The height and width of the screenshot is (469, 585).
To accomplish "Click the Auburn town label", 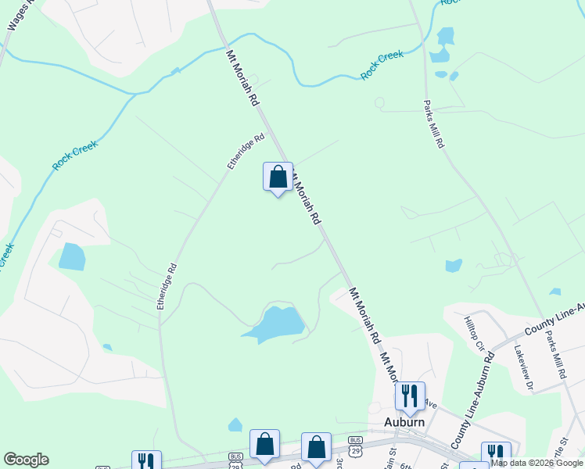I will point(404,422).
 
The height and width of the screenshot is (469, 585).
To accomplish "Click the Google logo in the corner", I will point(26,460).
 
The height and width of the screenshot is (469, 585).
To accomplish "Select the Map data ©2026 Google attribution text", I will point(537,463).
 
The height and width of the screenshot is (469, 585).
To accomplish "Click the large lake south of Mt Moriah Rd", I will point(276,323).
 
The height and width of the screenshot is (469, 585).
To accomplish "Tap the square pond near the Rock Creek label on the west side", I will point(72,256).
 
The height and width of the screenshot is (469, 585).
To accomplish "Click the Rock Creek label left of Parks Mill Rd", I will point(382,65).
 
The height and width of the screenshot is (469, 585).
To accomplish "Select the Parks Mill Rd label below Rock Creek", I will point(433,124).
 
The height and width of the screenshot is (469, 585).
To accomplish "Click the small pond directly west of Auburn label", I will point(235,424).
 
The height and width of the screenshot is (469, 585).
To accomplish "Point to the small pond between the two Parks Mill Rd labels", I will point(454,266).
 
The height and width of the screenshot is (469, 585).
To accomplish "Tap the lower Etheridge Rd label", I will point(167,286).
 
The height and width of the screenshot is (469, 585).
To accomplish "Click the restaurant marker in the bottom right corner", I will point(496,456).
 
